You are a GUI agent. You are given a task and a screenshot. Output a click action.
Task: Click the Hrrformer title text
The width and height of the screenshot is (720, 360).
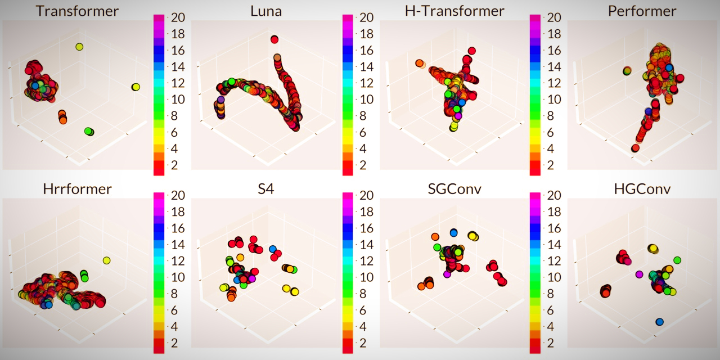[77, 189]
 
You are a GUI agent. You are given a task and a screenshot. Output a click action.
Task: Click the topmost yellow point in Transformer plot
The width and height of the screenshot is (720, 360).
[79, 47]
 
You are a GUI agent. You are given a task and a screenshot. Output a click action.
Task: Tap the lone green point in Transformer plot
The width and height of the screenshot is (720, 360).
[88, 131]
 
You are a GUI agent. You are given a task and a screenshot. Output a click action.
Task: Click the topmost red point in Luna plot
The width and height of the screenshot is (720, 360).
[274, 39]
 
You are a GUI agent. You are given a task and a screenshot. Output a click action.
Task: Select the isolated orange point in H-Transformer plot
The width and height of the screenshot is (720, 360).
[420, 63]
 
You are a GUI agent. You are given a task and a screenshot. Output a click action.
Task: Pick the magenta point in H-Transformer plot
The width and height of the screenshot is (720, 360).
[458, 116]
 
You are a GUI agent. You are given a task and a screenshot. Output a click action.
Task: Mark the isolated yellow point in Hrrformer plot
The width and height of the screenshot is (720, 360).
[106, 260]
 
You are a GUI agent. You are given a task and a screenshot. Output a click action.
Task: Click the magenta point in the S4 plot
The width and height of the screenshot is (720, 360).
[252, 278]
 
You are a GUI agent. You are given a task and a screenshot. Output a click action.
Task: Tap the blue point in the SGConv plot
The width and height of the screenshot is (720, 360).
[453, 232]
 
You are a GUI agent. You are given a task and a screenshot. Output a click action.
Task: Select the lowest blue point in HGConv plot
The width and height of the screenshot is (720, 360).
[659, 322]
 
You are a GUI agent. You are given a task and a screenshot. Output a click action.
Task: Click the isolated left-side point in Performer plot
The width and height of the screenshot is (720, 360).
[627, 71]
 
